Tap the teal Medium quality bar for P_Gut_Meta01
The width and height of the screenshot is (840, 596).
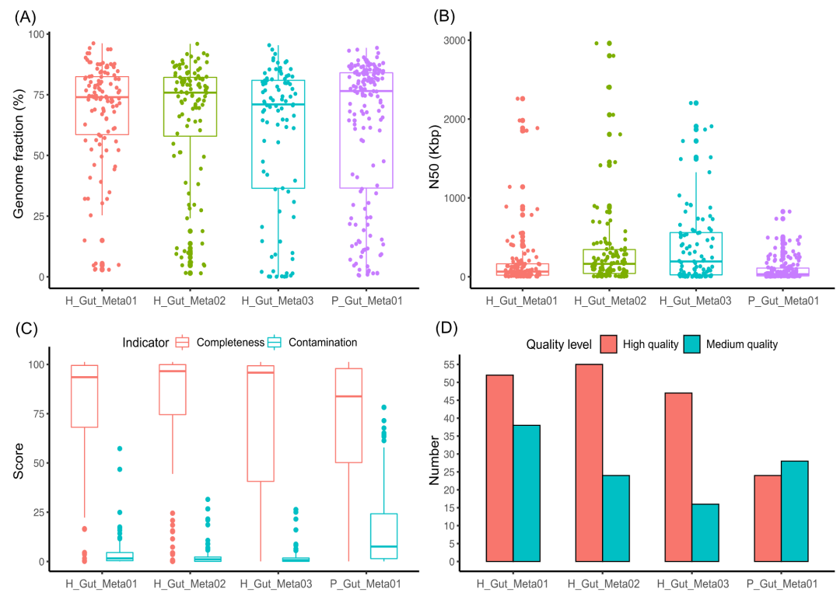click(795, 511)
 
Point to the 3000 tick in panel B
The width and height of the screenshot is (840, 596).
click(455, 40)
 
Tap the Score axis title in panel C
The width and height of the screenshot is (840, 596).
click(20, 463)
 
